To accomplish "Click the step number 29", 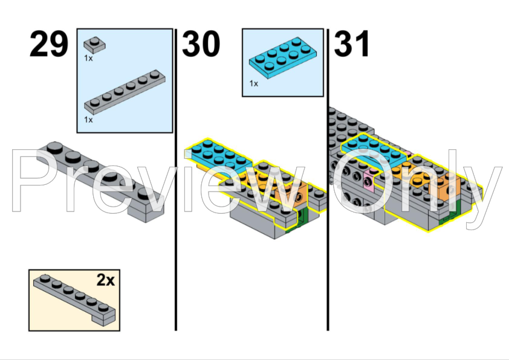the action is (49, 43).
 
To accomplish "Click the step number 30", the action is (201, 43).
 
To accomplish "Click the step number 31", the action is (352, 43).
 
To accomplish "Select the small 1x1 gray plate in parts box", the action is (94, 45).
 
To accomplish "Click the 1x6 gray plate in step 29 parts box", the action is (125, 92).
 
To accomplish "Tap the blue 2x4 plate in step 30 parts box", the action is (283, 59).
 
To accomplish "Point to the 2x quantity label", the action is (106, 280).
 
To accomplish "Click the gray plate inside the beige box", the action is (74, 299).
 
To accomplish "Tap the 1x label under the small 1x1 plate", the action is (88, 59).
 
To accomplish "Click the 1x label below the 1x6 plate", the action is (88, 120).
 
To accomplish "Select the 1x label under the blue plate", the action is (253, 84).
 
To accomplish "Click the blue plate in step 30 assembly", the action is (218, 156).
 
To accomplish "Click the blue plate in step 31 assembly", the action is (374, 150).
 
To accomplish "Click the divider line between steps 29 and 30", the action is (176, 179).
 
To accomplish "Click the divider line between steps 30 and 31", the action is (328, 179).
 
